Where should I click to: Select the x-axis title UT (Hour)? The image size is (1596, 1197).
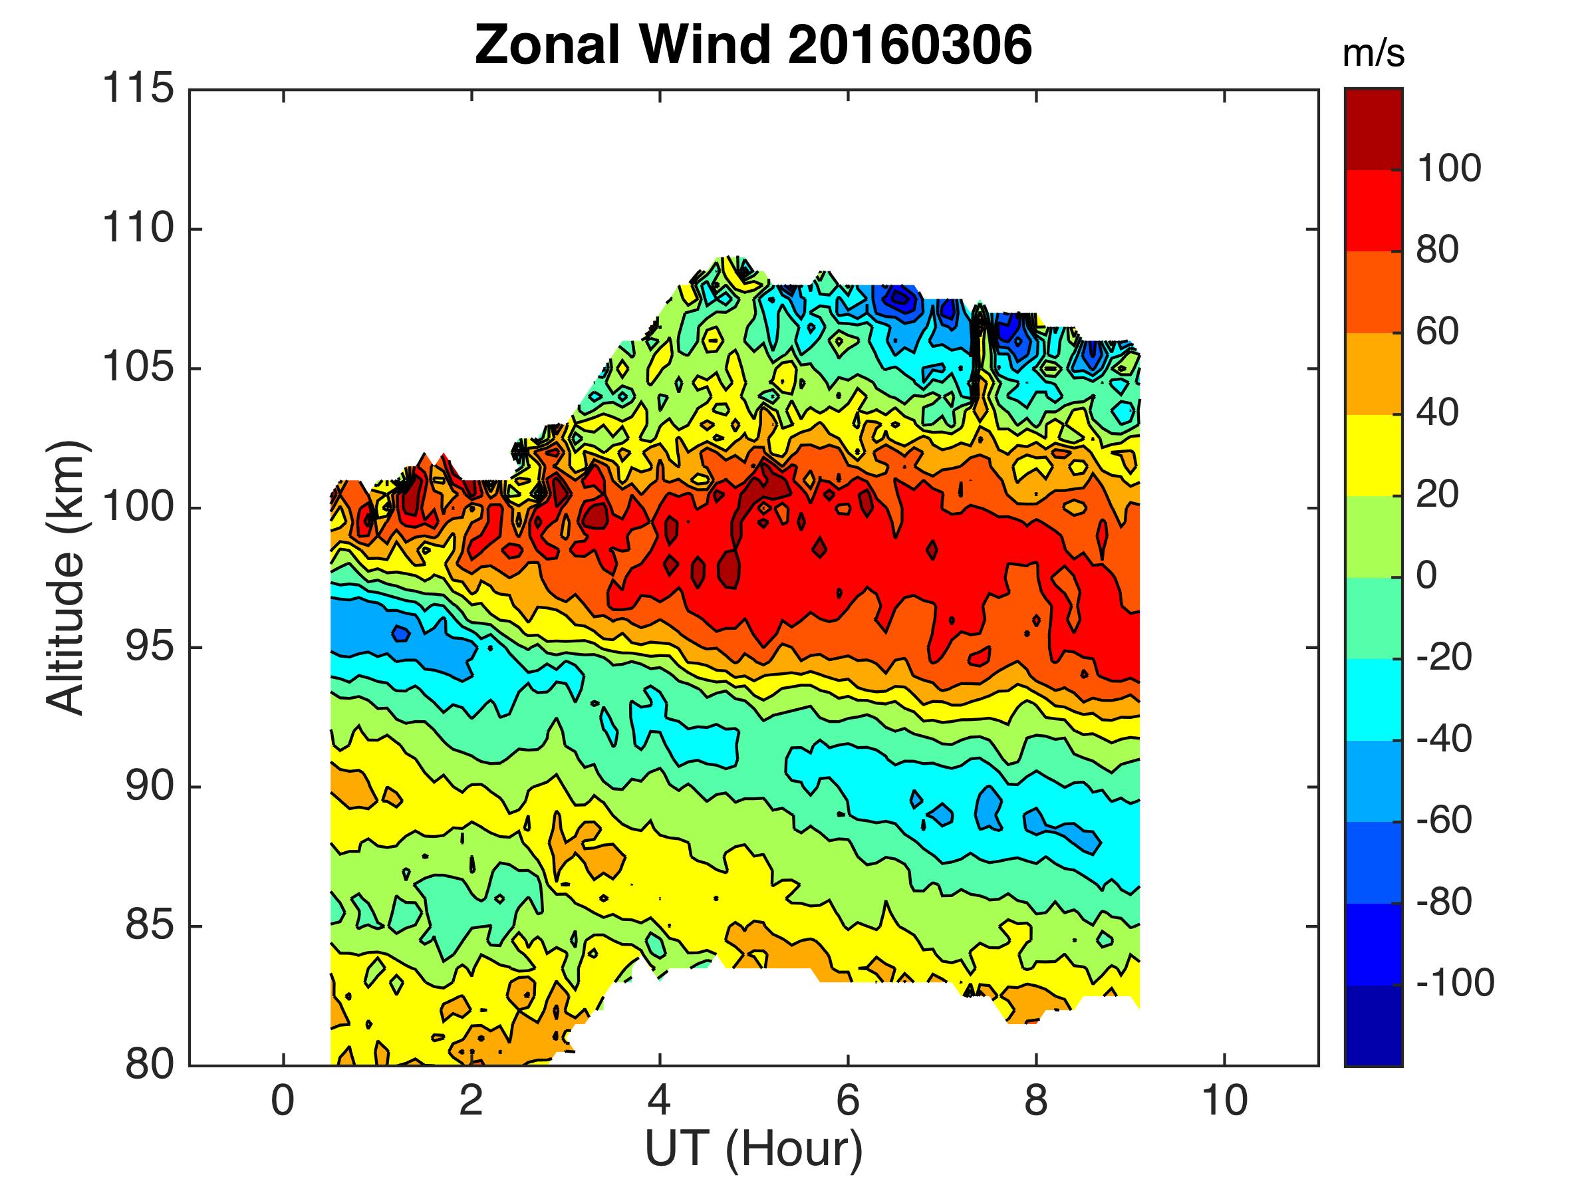753,1148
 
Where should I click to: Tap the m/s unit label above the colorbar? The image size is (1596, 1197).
1373,54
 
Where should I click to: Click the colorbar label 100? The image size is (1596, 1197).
1449,169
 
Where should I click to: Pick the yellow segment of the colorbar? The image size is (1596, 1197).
1373,456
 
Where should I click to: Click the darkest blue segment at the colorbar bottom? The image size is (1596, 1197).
1373,1025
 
